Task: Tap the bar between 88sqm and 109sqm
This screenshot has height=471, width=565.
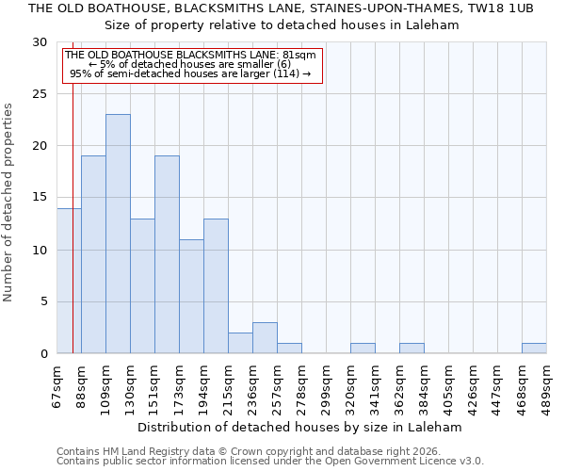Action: (93, 254)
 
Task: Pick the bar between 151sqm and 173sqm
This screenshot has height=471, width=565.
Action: (167, 254)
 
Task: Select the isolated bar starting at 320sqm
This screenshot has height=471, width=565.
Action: (363, 349)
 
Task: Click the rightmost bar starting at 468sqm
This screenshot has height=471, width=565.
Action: (534, 349)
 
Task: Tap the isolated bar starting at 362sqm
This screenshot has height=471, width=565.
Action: (412, 349)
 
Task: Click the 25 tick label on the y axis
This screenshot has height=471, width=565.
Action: (40, 94)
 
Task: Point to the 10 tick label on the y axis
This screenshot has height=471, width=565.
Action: (40, 250)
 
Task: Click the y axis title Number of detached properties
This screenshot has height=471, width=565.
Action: (9, 203)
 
